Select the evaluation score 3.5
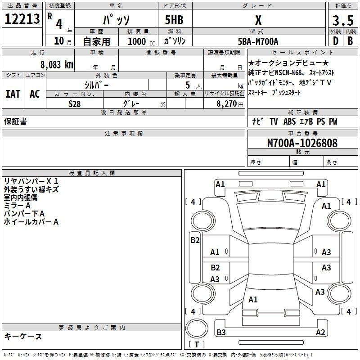342,20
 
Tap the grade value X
258,20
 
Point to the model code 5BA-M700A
258,41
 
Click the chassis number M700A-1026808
302,143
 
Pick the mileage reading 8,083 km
56,64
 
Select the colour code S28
75,103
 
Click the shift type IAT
13,94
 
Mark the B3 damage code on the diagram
221,333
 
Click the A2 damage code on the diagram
320,333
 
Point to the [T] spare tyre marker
197,344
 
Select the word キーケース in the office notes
23,337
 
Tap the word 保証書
15,121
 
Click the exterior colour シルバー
96,85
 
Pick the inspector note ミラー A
18,205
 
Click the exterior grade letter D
335,42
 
